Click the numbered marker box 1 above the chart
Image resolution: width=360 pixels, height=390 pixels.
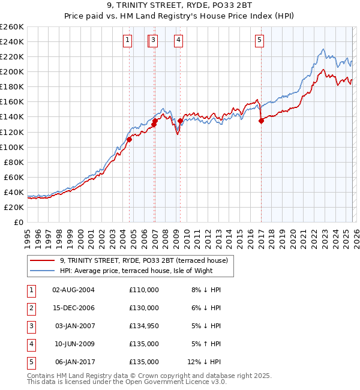pyautogui.click(x=128, y=40)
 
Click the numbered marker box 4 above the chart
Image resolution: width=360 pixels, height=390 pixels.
pyautogui.click(x=179, y=40)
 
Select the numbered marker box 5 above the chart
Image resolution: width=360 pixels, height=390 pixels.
pyautogui.click(x=259, y=40)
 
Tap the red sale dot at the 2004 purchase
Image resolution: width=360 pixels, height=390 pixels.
pyautogui.click(x=129, y=139)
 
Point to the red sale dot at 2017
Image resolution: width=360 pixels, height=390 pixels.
pyautogui.click(x=261, y=121)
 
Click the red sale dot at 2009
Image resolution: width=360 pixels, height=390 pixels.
pyautogui.click(x=180, y=121)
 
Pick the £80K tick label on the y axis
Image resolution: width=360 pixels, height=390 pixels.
pyautogui.click(x=13, y=162)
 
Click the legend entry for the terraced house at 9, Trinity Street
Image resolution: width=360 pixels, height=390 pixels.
pyautogui.click(x=143, y=261)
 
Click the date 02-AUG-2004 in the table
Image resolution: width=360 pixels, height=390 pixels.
pyautogui.click(x=73, y=290)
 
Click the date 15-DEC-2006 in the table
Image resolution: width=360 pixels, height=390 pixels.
pyautogui.click(x=73, y=308)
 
